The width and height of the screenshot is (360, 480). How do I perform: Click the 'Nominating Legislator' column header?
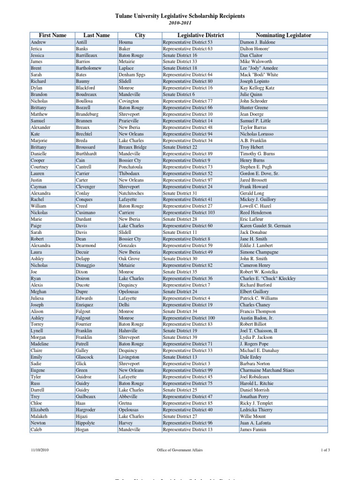tap(283, 35)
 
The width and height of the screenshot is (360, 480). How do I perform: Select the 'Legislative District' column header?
tap(201, 35)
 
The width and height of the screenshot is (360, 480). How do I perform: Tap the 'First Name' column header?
tap(52, 35)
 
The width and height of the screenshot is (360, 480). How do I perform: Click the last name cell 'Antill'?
tap(82, 42)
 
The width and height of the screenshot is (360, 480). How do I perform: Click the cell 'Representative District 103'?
tap(188, 213)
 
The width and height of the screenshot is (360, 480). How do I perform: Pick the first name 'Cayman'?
tap(38, 187)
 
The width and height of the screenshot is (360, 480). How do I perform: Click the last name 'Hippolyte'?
tap(86, 423)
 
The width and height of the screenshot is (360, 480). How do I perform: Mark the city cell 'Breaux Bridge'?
tap(133, 147)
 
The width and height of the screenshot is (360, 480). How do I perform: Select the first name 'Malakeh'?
tap(39, 416)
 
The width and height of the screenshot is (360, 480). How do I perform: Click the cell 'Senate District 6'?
tap(179, 95)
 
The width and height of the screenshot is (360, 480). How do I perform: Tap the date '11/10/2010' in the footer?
tap(40, 450)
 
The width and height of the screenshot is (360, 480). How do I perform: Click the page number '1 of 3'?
tap(325, 450)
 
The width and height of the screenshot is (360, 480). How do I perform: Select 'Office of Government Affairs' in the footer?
tap(180, 450)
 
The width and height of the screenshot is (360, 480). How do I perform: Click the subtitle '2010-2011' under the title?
tap(180, 22)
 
